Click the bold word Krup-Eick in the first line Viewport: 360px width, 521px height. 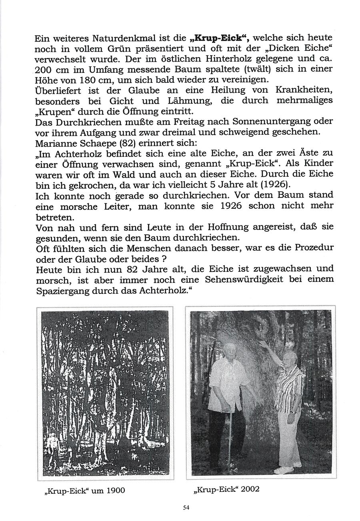(x=218, y=39)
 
